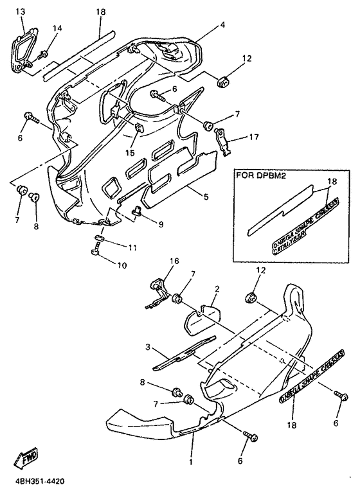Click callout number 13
(20, 12)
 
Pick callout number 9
(160, 224)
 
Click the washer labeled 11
(98, 238)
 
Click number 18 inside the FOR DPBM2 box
(332, 182)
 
